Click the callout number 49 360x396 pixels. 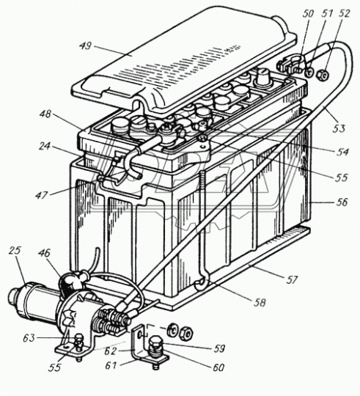coord(86,46)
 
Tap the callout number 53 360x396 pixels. coord(338,128)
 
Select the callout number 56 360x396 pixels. coord(341,202)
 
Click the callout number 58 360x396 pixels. coord(260,303)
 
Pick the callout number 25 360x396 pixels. coord(15,251)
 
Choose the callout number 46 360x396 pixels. coord(45,253)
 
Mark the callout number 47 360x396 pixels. coord(42,195)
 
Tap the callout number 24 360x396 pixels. coord(45,147)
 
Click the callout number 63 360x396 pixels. coord(29,338)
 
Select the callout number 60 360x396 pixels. coord(218,367)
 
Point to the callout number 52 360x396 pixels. coord(344,14)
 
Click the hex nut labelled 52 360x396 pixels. coord(323,75)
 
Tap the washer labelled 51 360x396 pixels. coord(309,73)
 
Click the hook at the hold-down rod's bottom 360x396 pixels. coord(202,283)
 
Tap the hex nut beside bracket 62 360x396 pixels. coord(186,334)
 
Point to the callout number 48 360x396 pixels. coord(45,114)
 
